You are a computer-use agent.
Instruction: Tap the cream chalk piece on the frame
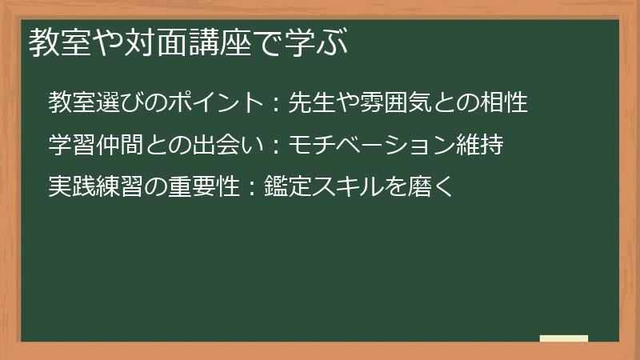click(563, 338)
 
